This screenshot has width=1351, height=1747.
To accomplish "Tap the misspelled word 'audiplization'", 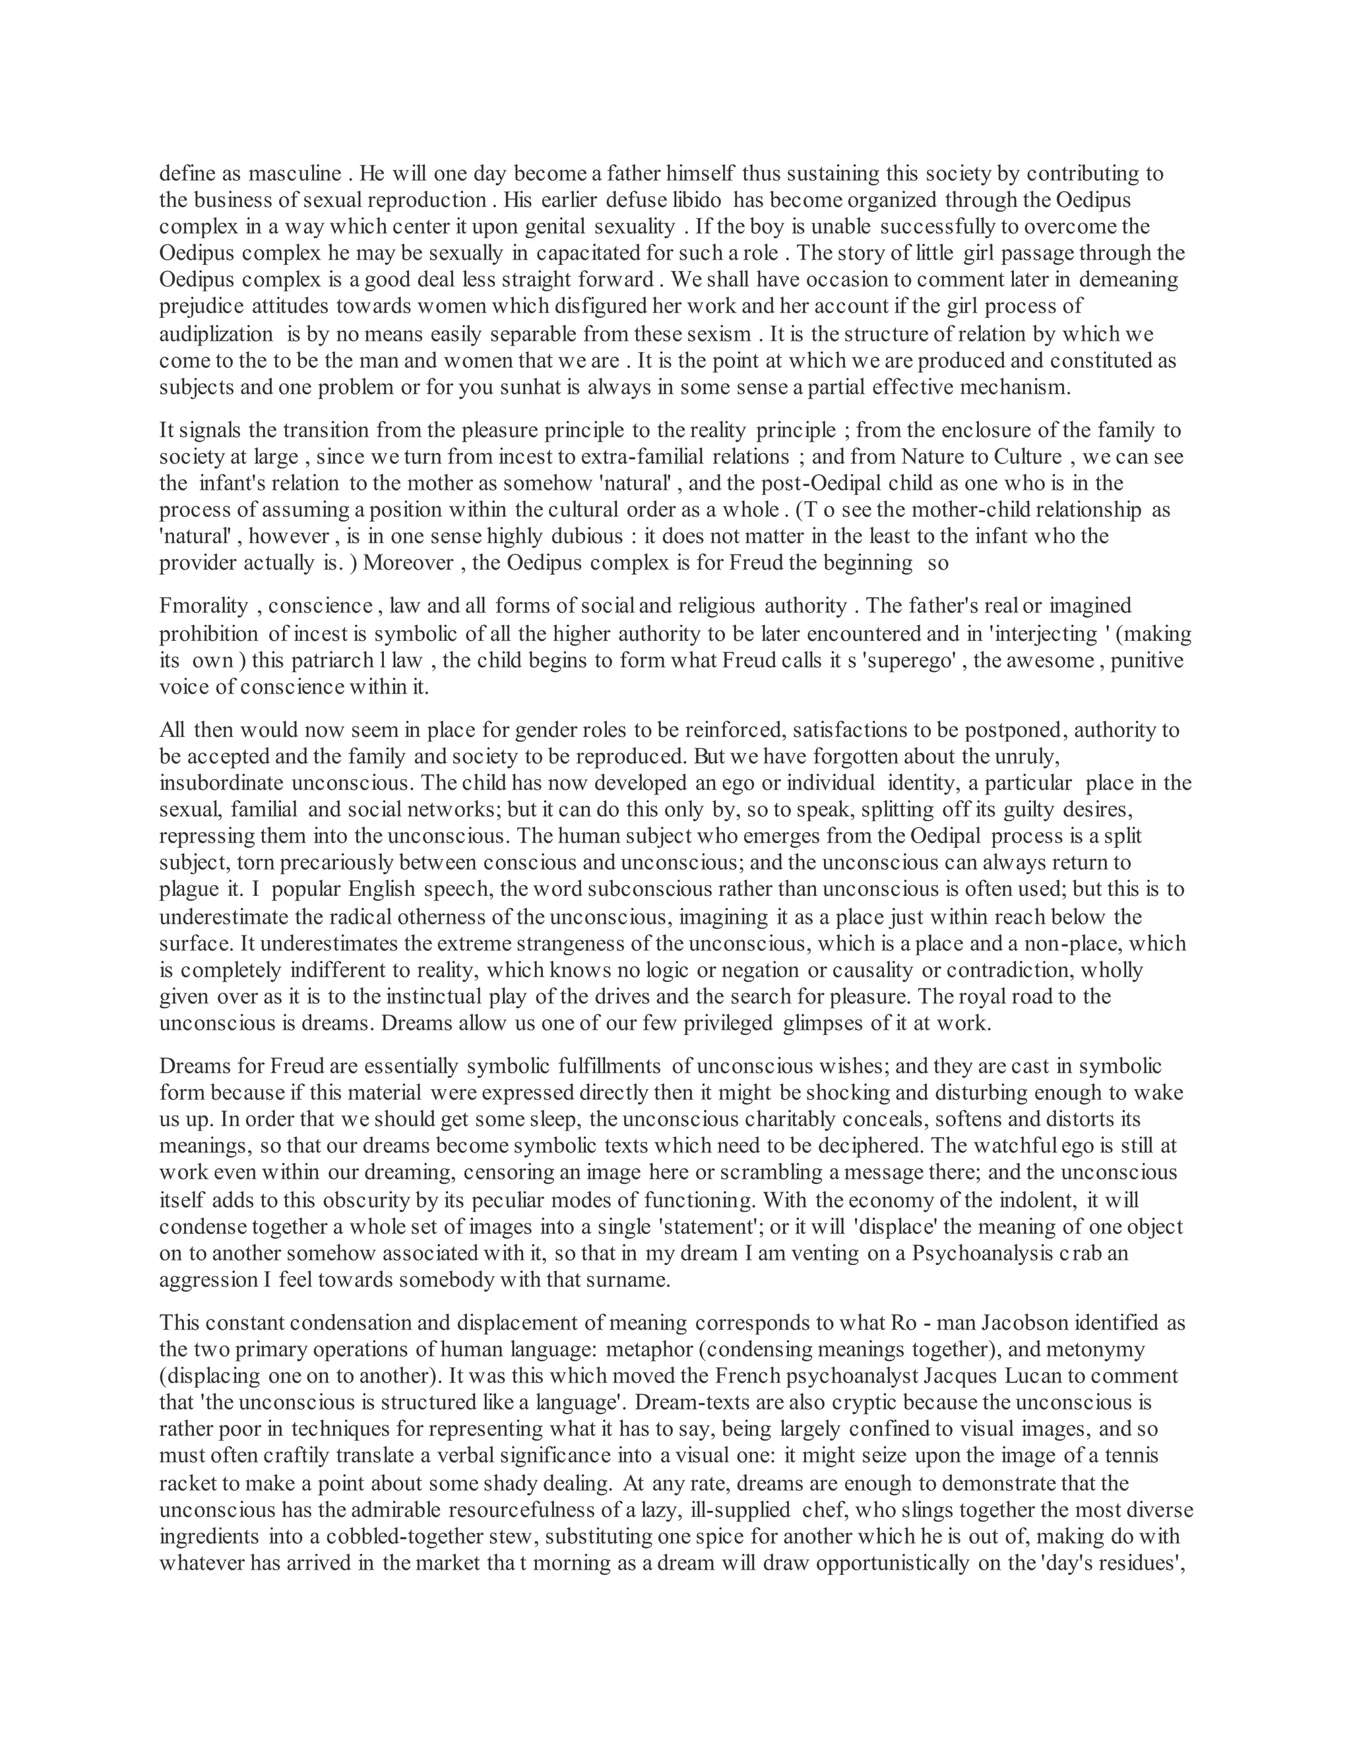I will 216,334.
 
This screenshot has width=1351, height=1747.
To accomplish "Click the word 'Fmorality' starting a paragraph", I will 204,607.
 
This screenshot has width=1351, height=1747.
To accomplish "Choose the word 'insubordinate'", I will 219,783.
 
